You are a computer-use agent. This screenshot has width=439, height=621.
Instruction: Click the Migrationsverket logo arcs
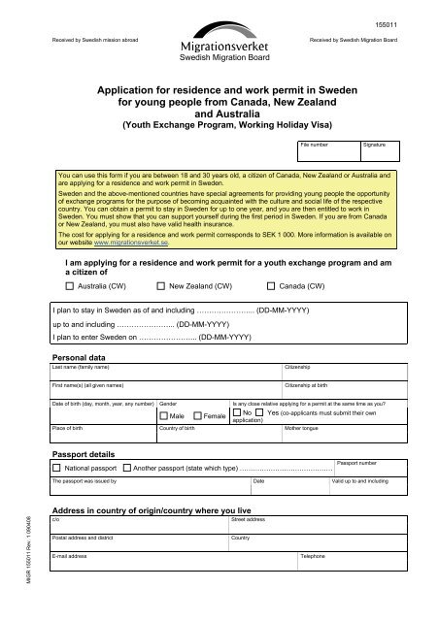(x=219, y=29)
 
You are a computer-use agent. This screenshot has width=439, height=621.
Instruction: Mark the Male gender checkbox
(x=163, y=415)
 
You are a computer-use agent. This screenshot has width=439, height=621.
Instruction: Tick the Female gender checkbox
(x=198, y=415)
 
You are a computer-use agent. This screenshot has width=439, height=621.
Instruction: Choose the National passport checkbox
(x=56, y=468)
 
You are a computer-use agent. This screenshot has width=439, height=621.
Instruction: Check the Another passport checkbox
(x=127, y=468)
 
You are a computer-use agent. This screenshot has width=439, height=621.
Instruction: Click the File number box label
(x=319, y=144)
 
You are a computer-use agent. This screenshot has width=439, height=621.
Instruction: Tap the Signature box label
(x=374, y=144)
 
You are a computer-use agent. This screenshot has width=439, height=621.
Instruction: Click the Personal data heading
(x=81, y=359)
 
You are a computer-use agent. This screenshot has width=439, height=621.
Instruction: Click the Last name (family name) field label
(x=82, y=369)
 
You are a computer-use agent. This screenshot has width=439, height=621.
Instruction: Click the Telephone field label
(x=313, y=556)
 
